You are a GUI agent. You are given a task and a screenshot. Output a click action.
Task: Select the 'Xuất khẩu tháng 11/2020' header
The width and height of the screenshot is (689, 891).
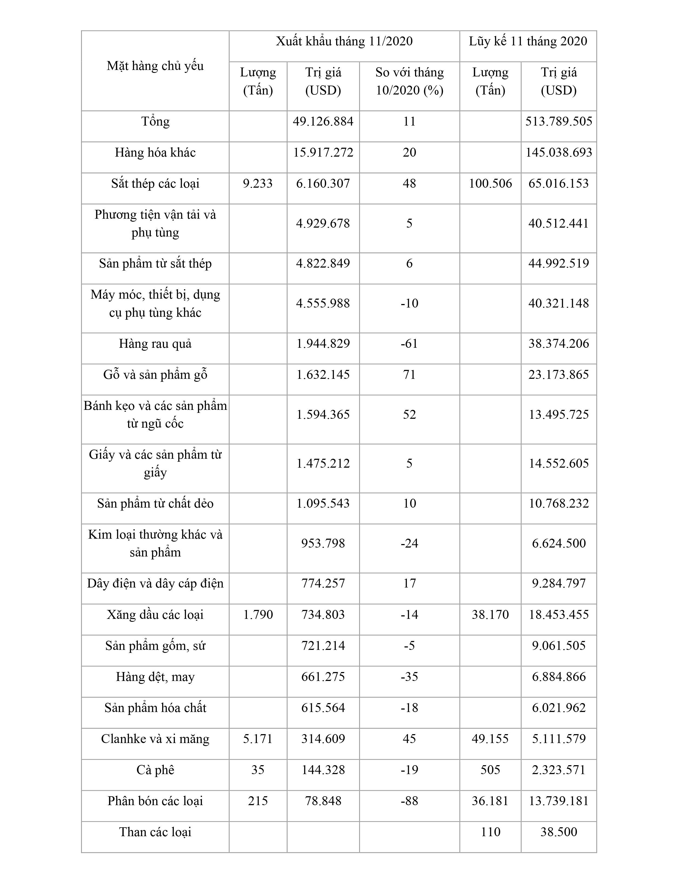tap(344, 41)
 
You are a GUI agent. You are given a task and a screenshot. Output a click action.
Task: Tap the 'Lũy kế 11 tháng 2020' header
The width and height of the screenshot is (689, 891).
tap(528, 41)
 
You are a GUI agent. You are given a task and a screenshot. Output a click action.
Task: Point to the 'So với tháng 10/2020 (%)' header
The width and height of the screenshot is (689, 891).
tap(409, 81)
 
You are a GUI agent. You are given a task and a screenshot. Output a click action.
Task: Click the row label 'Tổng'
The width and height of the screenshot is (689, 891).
tap(155, 122)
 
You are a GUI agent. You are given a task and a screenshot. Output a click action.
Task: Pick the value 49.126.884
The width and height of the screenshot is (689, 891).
tap(323, 122)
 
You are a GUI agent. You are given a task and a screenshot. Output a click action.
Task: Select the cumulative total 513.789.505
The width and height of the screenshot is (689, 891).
tap(558, 122)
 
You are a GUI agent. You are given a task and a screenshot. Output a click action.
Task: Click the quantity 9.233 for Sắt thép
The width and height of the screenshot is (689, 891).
tap(257, 184)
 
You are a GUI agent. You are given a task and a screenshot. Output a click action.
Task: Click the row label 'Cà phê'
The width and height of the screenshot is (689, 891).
tap(155, 770)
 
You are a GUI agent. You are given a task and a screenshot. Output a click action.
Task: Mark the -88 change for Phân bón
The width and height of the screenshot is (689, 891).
tap(409, 801)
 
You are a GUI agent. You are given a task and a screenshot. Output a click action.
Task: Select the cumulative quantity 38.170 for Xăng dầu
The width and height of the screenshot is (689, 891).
tap(490, 615)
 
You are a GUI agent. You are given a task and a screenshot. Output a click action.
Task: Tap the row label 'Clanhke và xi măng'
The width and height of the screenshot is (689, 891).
tap(155, 739)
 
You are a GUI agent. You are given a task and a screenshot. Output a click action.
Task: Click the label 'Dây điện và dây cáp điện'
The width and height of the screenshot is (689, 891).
tap(155, 584)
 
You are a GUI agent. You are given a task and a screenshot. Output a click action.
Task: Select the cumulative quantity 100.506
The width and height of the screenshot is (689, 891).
tap(490, 184)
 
